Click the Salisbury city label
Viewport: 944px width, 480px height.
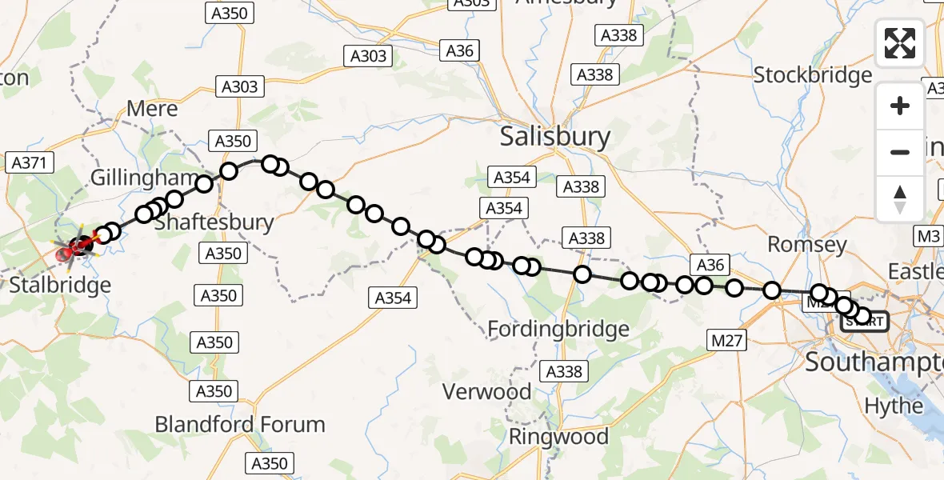point(555,137)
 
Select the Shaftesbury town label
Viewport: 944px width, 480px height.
point(214,222)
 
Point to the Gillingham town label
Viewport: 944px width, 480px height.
point(144,178)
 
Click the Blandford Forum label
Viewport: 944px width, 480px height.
point(240,424)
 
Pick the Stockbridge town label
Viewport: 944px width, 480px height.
point(813,76)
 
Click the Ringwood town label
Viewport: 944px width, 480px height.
point(558,437)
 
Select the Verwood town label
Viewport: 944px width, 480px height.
point(489,391)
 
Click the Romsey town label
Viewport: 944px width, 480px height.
point(806,244)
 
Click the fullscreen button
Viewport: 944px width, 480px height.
point(900,43)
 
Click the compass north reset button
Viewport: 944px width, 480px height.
point(900,198)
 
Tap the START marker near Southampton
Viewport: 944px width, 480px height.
point(864,322)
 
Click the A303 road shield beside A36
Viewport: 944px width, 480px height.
point(368,56)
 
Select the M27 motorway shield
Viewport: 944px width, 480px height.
point(727,342)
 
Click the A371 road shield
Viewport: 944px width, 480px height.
point(30,163)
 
